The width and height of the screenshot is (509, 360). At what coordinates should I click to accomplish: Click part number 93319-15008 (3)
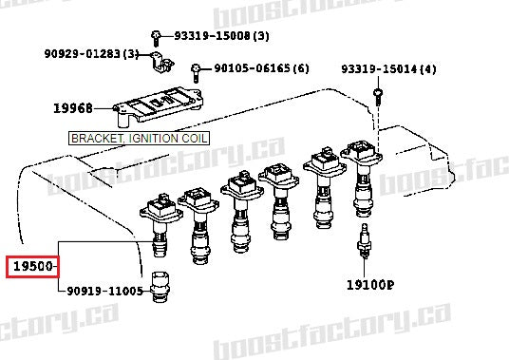pyautogui.click(x=221, y=36)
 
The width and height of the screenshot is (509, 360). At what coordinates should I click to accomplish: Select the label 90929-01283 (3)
pyautogui.click(x=91, y=53)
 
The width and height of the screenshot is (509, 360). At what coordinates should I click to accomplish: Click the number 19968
pyautogui.click(x=85, y=108)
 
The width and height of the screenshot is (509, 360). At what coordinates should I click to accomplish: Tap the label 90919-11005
pyautogui.click(x=104, y=291)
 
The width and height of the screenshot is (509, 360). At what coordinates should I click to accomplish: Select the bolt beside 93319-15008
pyautogui.click(x=161, y=35)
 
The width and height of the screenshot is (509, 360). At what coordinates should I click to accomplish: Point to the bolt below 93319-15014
pyautogui.click(x=379, y=95)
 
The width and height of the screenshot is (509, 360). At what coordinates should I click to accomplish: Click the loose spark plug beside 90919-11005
pyautogui.click(x=157, y=289)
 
